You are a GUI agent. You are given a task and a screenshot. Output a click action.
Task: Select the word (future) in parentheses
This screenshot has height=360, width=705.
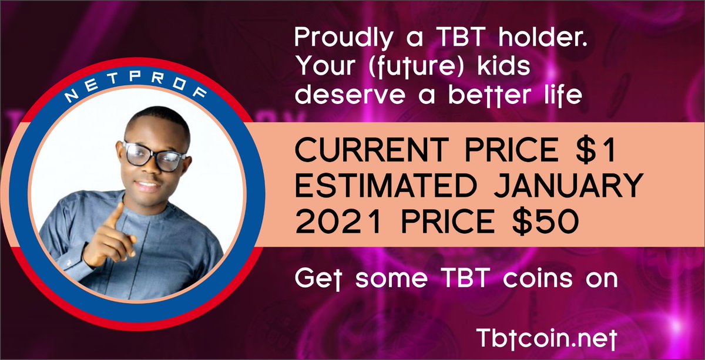(415, 67)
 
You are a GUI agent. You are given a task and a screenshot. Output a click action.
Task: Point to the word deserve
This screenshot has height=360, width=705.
(350, 95)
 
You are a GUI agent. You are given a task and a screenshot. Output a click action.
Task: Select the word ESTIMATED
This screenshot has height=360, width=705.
(386, 186)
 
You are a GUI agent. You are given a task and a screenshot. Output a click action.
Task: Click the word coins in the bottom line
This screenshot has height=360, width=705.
(538, 278)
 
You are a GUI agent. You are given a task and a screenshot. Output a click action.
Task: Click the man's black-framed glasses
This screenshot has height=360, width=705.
(154, 156)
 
